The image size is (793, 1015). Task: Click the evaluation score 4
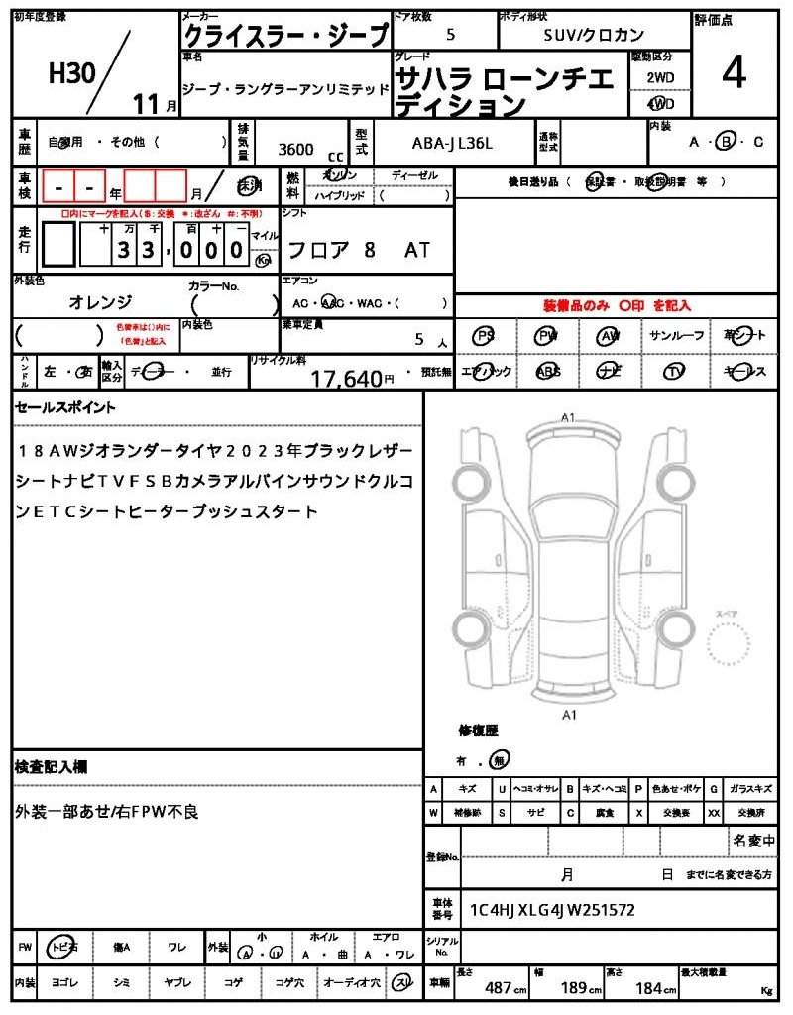pyautogui.click(x=733, y=75)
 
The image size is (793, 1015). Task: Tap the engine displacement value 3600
pyautogui.click(x=296, y=150)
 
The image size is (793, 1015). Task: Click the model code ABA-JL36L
pyautogui.click(x=451, y=143)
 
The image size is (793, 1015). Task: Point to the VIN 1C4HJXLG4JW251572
pyautogui.click(x=552, y=910)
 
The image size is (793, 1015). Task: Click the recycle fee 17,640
pyautogui.click(x=346, y=378)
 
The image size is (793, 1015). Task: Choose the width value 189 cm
pyautogui.click(x=576, y=988)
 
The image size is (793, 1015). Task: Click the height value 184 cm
pyautogui.click(x=648, y=988)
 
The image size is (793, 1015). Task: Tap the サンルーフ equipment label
pyautogui.click(x=676, y=336)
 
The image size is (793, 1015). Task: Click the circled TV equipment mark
pyautogui.click(x=676, y=371)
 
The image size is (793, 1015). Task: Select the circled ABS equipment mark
pyautogui.click(x=547, y=371)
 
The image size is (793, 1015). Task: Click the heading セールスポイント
pyautogui.click(x=65, y=407)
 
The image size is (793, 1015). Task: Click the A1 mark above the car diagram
pyautogui.click(x=568, y=417)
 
